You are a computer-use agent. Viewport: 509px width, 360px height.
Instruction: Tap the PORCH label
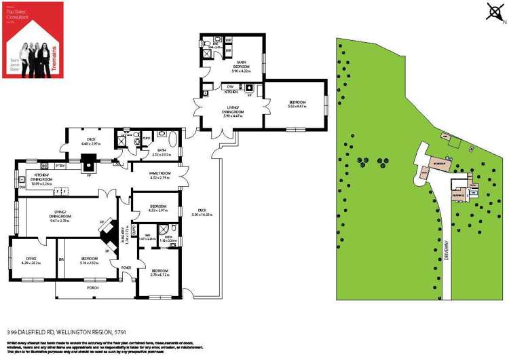click(93, 288)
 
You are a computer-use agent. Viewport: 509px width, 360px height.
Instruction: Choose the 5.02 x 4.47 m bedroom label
click(297, 103)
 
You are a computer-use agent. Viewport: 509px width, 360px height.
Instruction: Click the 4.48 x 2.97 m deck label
click(91, 142)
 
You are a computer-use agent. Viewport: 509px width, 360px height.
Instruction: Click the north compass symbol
click(494, 12)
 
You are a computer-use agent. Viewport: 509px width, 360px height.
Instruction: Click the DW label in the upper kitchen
click(230, 86)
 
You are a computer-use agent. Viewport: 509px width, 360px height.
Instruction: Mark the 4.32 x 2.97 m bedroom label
click(158, 207)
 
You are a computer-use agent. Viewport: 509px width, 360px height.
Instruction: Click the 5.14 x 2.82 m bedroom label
click(90, 261)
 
